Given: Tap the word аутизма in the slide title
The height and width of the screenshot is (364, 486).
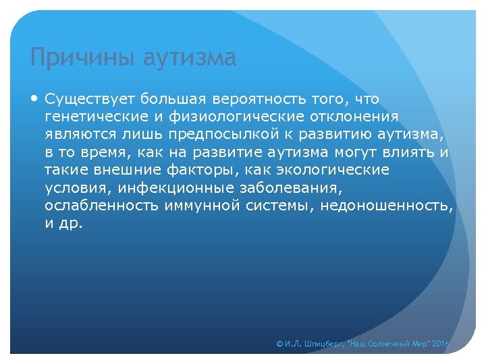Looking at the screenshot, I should [190, 58].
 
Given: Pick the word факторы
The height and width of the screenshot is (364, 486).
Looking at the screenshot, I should [202, 170].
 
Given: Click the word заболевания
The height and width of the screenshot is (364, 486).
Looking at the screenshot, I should [288, 187].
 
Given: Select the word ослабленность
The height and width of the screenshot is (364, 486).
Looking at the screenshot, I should [101, 205].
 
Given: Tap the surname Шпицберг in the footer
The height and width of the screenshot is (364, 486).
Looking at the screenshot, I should [323, 344].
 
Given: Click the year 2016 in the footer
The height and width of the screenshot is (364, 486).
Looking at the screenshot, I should [439, 344].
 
